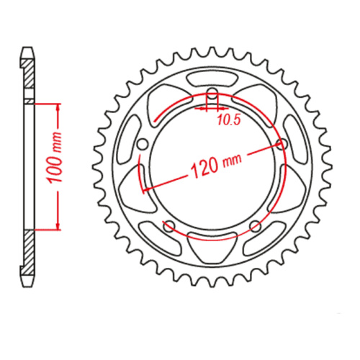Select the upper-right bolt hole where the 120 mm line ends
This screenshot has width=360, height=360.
click(x=280, y=144)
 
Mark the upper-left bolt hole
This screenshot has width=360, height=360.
click(x=143, y=144)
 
